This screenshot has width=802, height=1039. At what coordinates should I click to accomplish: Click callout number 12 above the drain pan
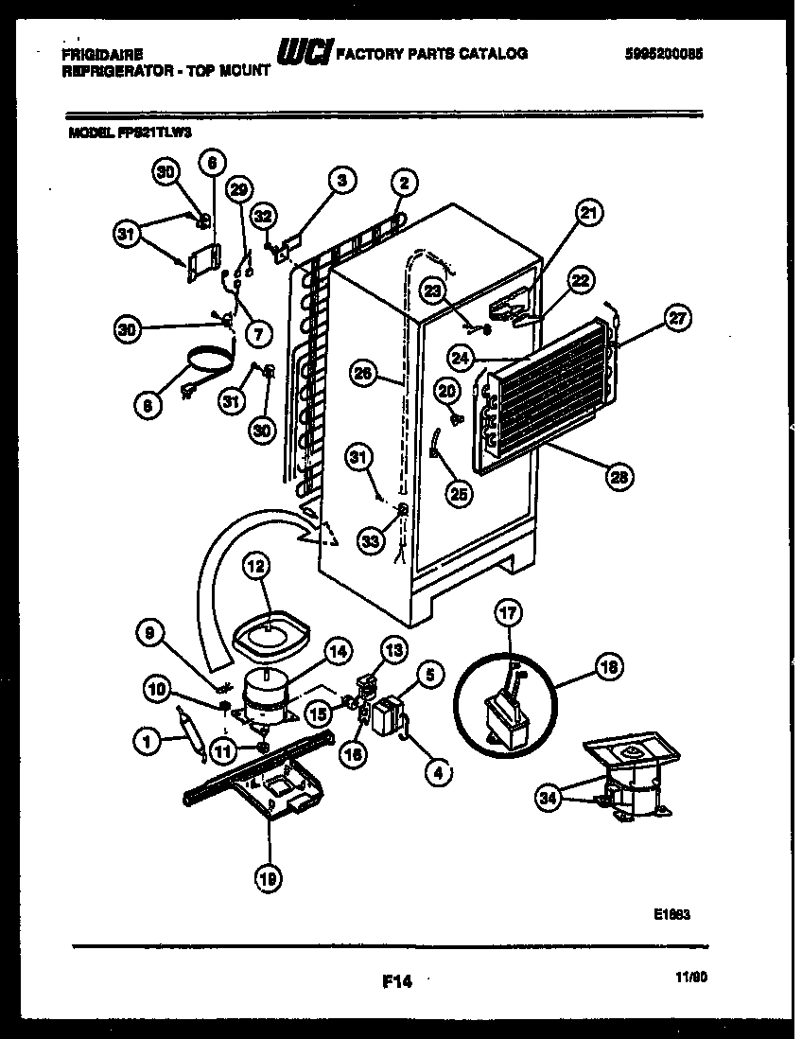click(256, 567)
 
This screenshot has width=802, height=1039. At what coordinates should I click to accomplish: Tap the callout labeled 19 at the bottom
click(268, 879)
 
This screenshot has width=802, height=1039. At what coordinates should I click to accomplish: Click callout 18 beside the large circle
click(609, 667)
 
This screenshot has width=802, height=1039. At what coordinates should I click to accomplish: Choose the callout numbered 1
click(148, 744)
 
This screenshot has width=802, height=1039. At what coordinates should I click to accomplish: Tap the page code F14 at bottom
click(397, 982)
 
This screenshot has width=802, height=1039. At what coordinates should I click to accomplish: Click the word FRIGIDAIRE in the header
click(96, 55)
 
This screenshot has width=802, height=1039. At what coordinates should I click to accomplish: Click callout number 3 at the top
click(341, 180)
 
